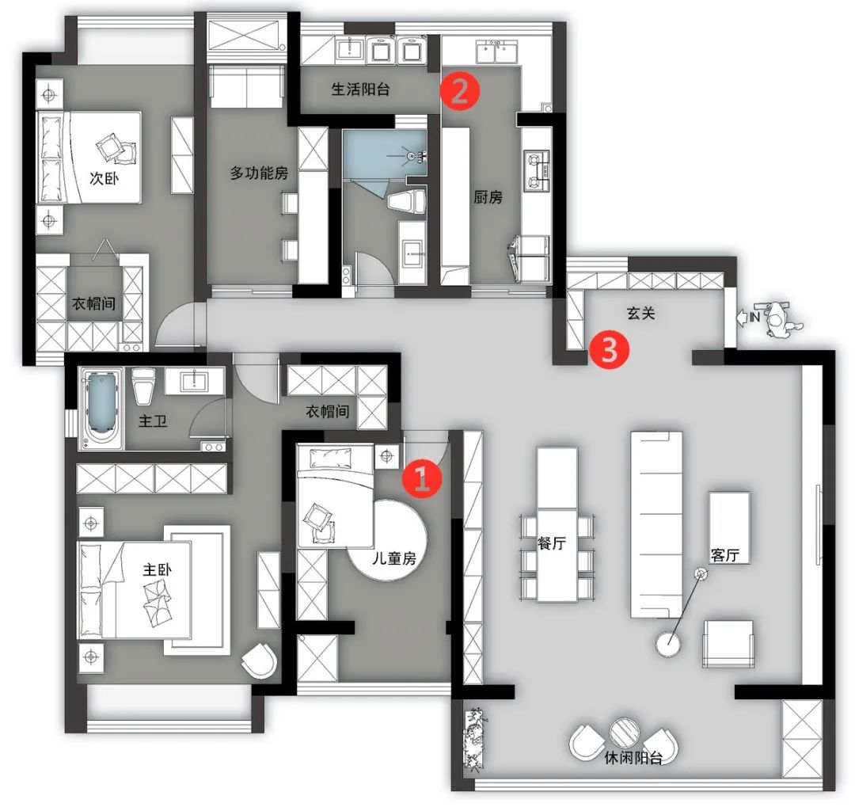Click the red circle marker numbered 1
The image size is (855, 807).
(423, 478)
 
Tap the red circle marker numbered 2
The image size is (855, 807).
(460, 91)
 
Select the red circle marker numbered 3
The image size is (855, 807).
(609, 349)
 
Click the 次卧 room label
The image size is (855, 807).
(104, 178)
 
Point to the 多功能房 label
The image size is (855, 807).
(259, 173)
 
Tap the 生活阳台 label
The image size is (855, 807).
(360, 89)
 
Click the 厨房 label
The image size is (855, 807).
(488, 197)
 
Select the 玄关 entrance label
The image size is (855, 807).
(640, 313)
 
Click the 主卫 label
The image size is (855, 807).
(153, 421)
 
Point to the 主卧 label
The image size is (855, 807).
(158, 569)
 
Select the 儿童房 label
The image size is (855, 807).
(394, 558)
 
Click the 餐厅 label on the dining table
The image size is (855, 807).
(551, 543)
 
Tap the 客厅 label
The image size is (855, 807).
(724, 555)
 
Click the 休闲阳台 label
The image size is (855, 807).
(633, 758)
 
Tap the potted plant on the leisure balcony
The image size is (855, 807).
(474, 737)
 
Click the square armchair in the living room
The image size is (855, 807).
(728, 644)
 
